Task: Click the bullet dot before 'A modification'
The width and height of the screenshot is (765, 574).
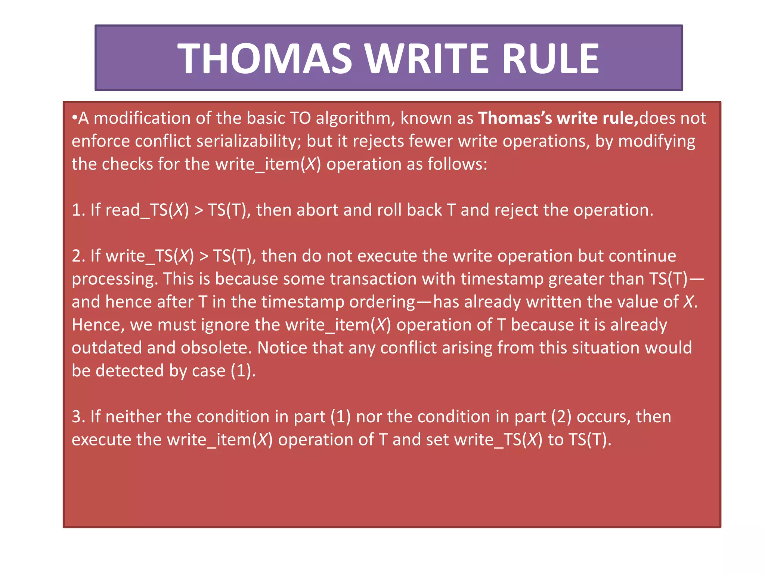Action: [74, 118]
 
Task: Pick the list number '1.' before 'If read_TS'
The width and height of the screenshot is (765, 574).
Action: [78, 210]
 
